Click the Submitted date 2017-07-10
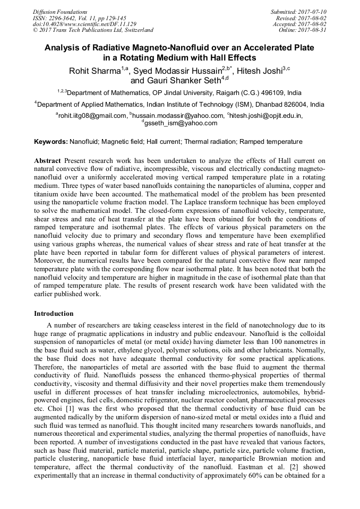coord(310,12)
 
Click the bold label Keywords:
coord(51,142)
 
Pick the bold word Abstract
coord(48,160)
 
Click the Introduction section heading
coord(54,314)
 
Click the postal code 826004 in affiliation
coord(282,105)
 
